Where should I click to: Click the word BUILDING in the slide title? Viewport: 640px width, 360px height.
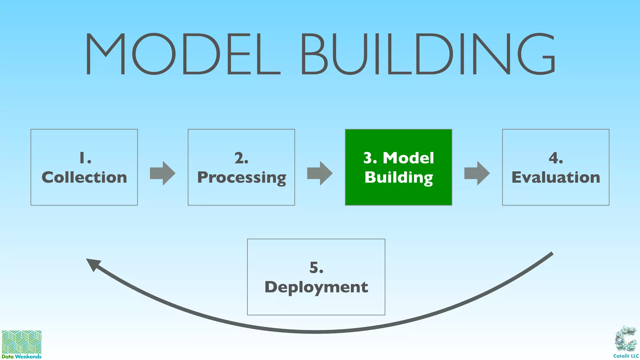tap(428, 54)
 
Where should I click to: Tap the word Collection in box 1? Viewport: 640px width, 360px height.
tap(84, 177)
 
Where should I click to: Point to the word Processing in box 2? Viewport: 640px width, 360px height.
tap(242, 177)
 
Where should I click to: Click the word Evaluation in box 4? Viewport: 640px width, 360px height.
tap(556, 177)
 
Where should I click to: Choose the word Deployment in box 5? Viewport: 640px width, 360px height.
tap(316, 287)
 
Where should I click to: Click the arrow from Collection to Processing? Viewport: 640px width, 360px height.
tap(162, 173)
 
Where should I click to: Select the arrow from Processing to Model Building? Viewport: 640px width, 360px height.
tap(320, 173)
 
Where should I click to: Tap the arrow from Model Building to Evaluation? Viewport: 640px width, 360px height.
tap(477, 173)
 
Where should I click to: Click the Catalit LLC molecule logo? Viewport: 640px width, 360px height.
tap(626, 339)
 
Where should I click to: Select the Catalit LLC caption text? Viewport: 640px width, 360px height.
tap(626, 356)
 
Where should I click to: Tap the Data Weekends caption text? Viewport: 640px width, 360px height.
tap(22, 357)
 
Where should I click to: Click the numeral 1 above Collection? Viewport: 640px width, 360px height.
tap(82, 158)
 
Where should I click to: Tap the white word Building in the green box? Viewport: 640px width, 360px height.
tap(399, 177)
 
